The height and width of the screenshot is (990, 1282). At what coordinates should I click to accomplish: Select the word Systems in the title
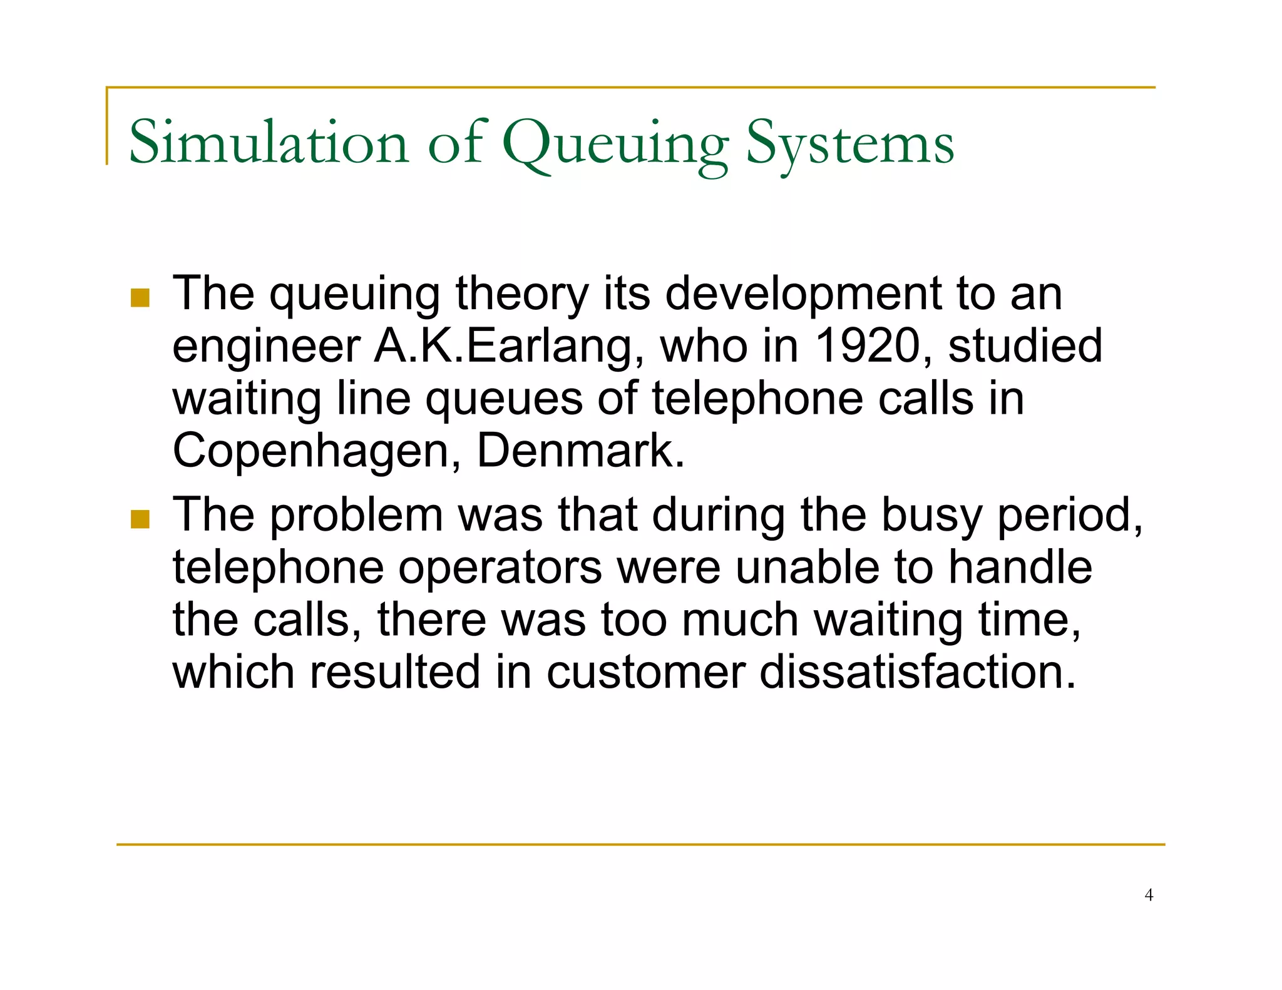(x=850, y=145)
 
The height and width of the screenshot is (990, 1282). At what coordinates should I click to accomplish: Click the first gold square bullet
(x=140, y=298)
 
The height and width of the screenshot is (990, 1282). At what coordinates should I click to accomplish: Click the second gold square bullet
(x=140, y=519)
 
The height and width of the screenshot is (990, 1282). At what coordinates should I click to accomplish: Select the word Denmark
(x=580, y=451)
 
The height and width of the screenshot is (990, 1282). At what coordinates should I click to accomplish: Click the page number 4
(x=1148, y=895)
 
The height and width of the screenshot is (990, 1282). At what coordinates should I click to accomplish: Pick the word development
(x=803, y=294)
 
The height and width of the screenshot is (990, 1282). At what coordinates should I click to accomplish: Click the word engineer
(x=266, y=348)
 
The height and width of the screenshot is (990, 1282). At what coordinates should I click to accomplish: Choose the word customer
(x=645, y=673)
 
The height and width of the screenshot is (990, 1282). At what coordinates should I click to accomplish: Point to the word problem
(x=356, y=516)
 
